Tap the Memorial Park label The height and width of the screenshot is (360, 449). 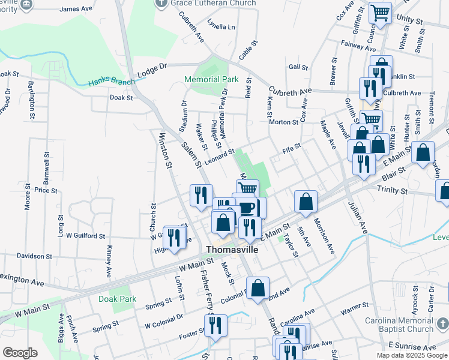[x=211, y=79]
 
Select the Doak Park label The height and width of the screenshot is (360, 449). [x=118, y=299]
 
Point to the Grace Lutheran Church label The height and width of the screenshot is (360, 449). [x=212, y=3]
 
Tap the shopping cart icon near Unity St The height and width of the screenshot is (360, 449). [x=380, y=13]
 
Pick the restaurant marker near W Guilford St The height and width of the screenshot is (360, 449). [x=174, y=238]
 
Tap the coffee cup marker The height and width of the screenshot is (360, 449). [x=247, y=208]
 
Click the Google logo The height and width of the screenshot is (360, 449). [x=20, y=353]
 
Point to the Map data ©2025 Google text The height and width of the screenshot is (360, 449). [x=412, y=355]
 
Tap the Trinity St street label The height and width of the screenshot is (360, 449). [x=392, y=190]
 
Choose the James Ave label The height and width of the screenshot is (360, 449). [x=77, y=9]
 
